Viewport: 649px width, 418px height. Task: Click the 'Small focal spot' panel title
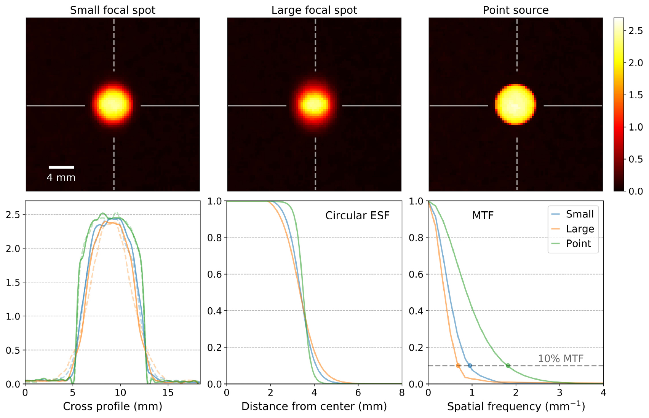113,10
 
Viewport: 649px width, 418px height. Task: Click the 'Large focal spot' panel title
314,10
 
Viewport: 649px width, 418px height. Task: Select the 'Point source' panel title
516,10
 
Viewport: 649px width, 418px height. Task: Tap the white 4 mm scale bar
61,167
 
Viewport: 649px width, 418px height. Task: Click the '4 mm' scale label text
61,178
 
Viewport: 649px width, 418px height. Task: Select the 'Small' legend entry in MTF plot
579,214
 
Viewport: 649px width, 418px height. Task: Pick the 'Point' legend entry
578,244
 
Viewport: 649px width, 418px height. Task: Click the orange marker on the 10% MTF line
458,365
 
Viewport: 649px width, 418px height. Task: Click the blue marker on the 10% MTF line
470,365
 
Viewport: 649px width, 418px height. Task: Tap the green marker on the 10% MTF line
508,365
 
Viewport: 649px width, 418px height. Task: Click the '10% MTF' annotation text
560,359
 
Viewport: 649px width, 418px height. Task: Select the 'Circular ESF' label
357,216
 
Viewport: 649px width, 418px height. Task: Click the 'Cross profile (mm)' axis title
113,407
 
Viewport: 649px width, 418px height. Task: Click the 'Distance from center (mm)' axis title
314,407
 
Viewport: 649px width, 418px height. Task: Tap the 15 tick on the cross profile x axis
168,392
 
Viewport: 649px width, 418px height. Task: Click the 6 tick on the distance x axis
358,392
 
